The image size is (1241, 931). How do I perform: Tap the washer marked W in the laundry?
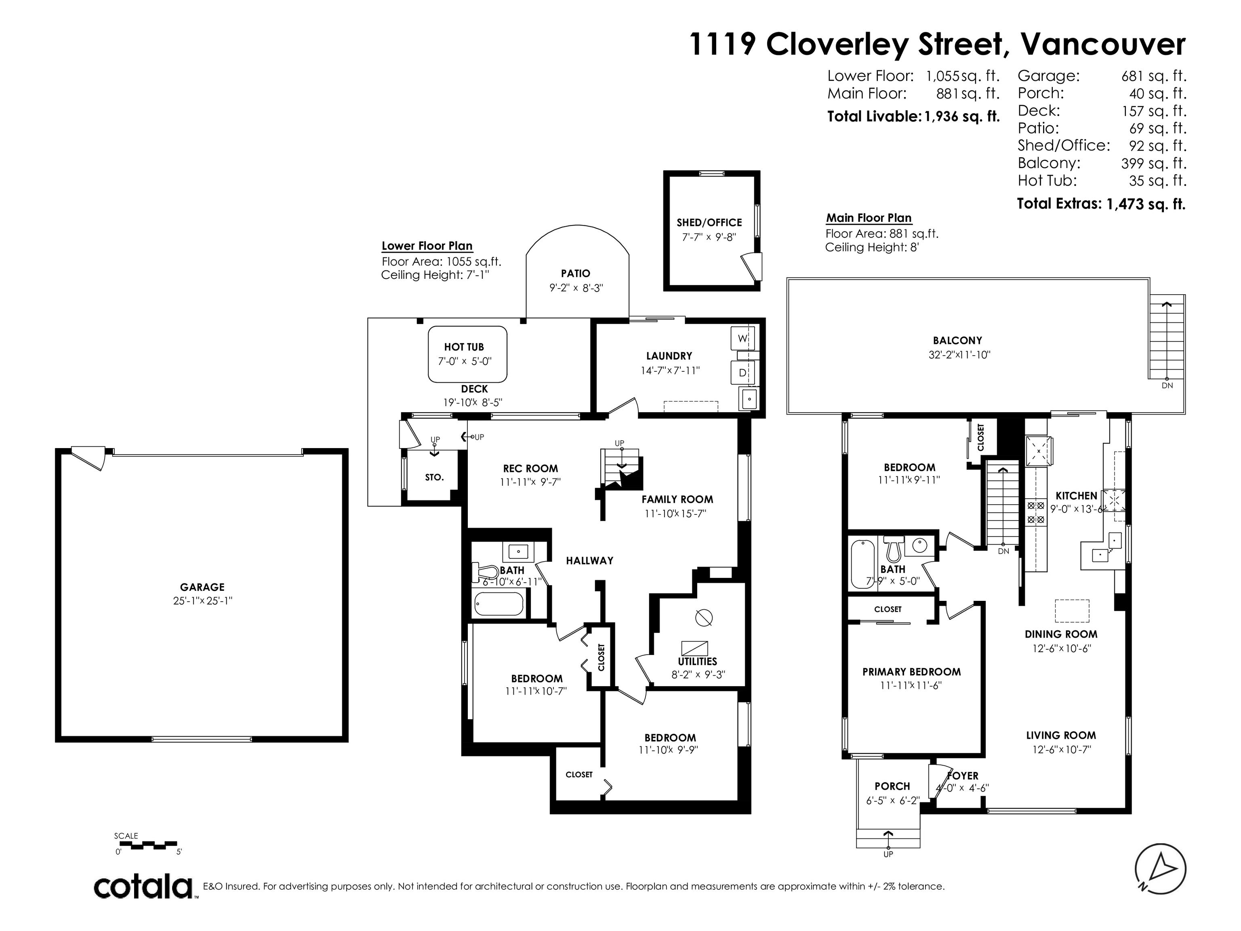(x=742, y=338)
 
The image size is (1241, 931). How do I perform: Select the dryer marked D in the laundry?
(x=742, y=373)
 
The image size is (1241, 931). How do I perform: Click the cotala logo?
(x=143, y=887)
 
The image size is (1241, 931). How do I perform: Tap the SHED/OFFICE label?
(x=709, y=223)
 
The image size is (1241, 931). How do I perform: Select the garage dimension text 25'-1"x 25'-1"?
(x=202, y=601)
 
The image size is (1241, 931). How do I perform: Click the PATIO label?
(x=576, y=273)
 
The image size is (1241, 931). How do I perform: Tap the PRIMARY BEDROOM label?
(x=912, y=672)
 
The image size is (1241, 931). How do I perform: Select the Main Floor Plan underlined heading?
(x=869, y=218)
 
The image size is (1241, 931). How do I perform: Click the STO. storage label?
(x=434, y=478)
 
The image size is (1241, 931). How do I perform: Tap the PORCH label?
(x=892, y=786)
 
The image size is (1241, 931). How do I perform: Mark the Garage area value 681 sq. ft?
(x=1154, y=76)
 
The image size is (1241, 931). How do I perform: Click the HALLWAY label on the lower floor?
(x=590, y=560)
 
